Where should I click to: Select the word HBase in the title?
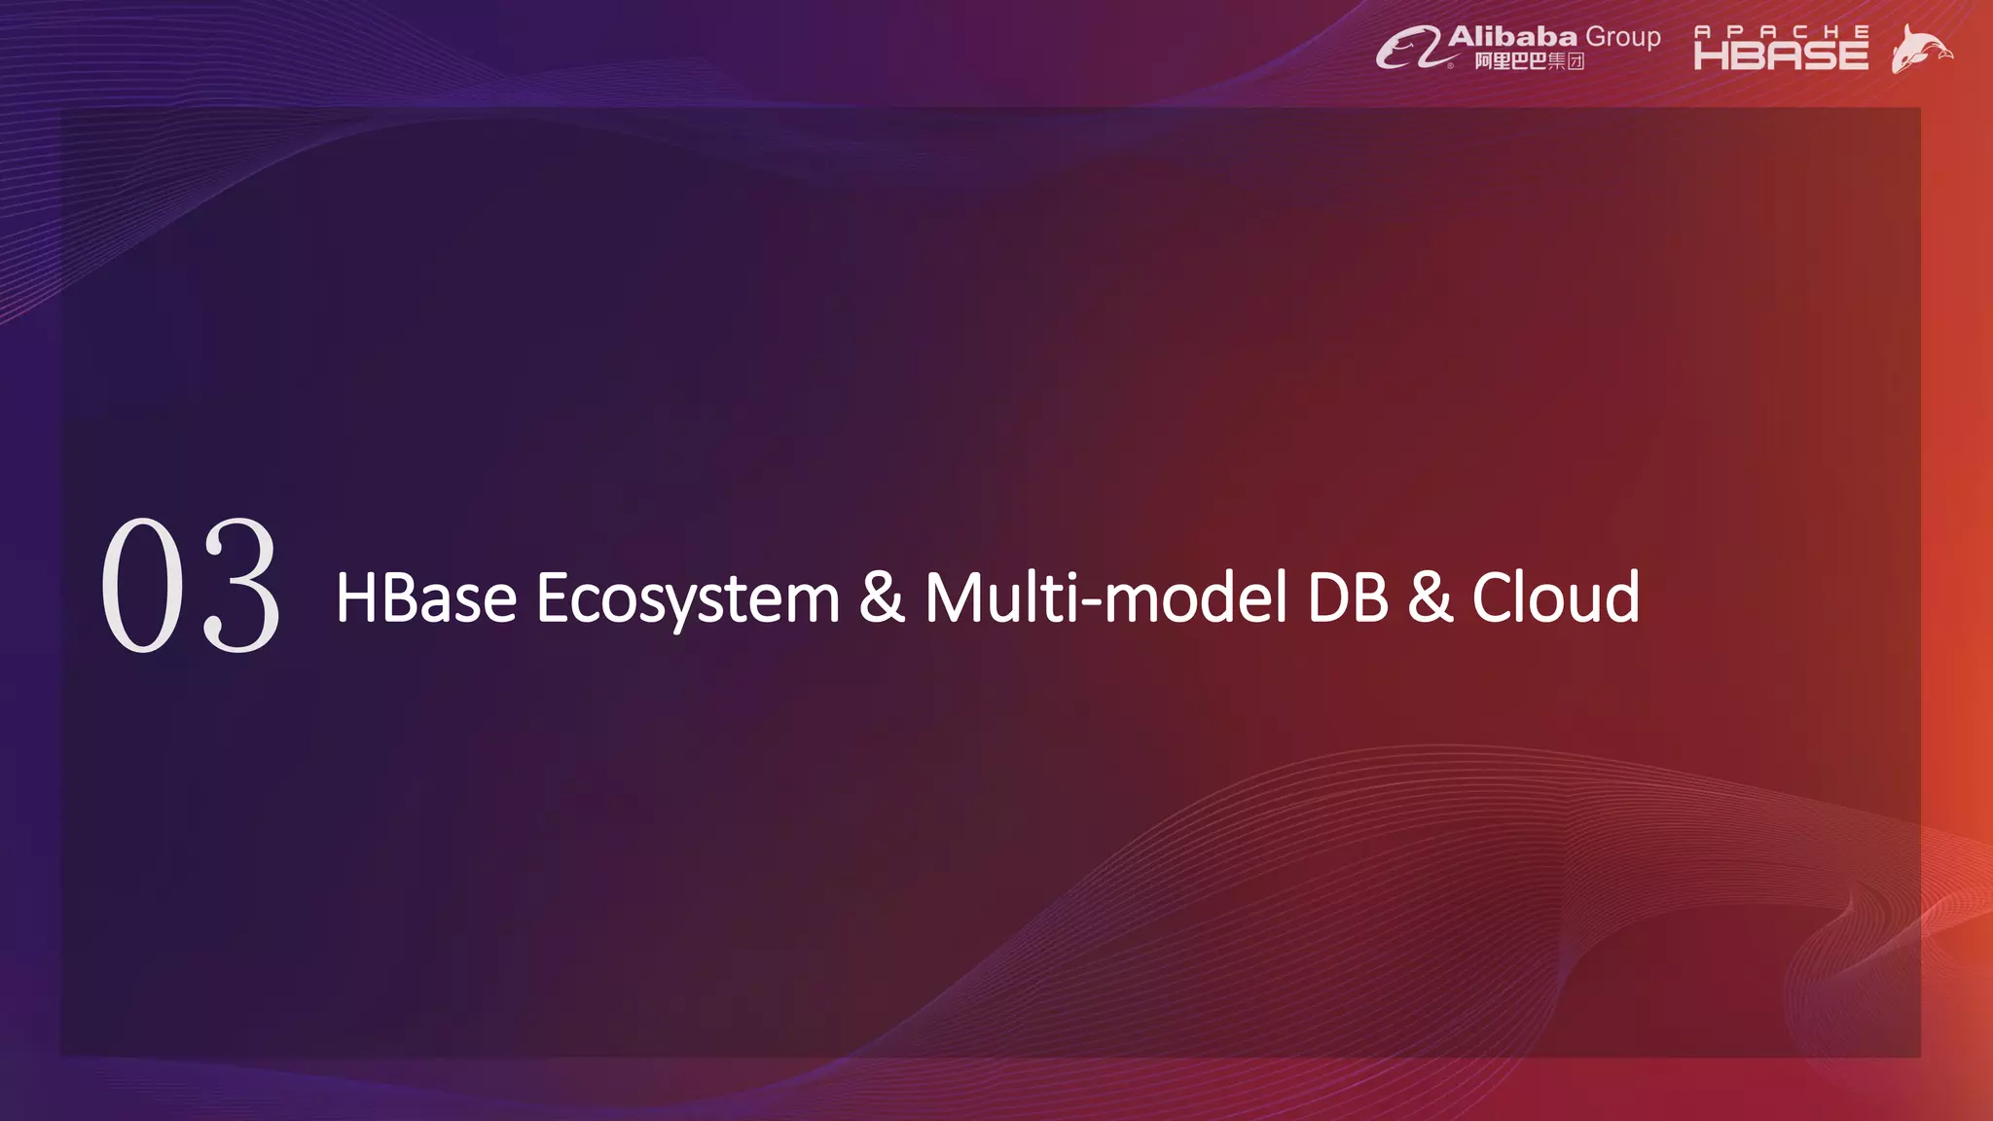coord(425,597)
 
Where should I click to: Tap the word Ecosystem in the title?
coord(687,599)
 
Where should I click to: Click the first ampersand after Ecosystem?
coord(881,597)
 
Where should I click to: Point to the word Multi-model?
coord(1105,597)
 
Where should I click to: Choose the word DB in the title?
coord(1348,597)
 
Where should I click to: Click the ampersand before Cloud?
coord(1430,597)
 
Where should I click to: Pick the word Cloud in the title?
coord(1555,597)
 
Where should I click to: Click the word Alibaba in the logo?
coord(1512,37)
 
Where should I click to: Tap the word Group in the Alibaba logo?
coord(1623,37)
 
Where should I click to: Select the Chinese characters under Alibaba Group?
coord(1529,61)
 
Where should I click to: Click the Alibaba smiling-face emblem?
coord(1408,48)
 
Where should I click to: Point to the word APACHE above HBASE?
coord(1781,31)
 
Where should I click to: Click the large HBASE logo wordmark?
coord(1781,55)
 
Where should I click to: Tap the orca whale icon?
coord(1920,49)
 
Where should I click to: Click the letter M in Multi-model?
coord(953,597)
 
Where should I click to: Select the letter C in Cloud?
coord(1492,597)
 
